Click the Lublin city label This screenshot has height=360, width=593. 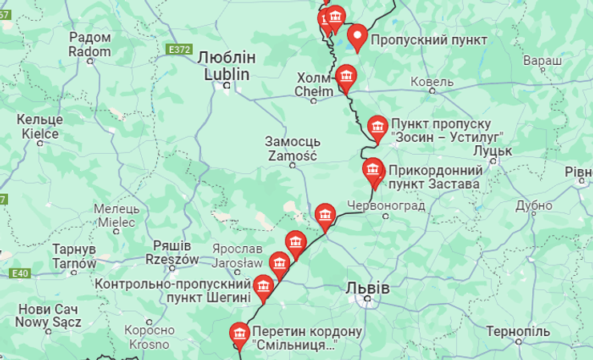click(x=226, y=66)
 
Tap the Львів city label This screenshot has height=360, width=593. click(x=369, y=288)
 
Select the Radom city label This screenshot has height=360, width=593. click(x=90, y=44)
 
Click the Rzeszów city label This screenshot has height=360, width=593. click(x=172, y=253)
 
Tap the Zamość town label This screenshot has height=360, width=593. click(x=292, y=149)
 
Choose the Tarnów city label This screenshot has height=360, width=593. click(x=75, y=257)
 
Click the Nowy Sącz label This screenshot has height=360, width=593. click(x=49, y=316)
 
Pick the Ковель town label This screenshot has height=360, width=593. click(x=432, y=82)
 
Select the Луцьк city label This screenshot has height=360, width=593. click(x=492, y=150)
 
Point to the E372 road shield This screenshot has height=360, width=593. click(x=180, y=50)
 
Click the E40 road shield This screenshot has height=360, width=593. click(x=21, y=274)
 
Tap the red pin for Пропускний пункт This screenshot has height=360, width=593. click(x=357, y=36)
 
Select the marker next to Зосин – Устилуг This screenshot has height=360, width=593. click(x=377, y=127)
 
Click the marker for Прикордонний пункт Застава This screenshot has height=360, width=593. click(x=373, y=170)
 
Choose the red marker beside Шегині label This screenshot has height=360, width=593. click(x=263, y=286)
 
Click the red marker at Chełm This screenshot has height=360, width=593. click(x=345, y=76)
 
